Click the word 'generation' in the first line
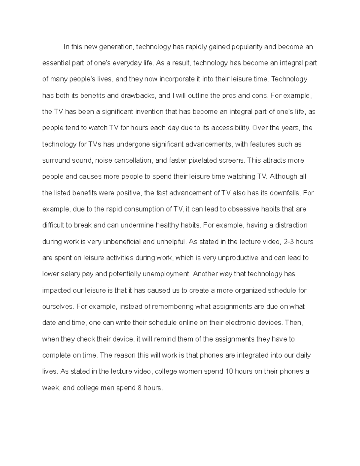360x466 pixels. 115,47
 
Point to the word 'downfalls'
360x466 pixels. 285,193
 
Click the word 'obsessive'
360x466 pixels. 242,209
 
